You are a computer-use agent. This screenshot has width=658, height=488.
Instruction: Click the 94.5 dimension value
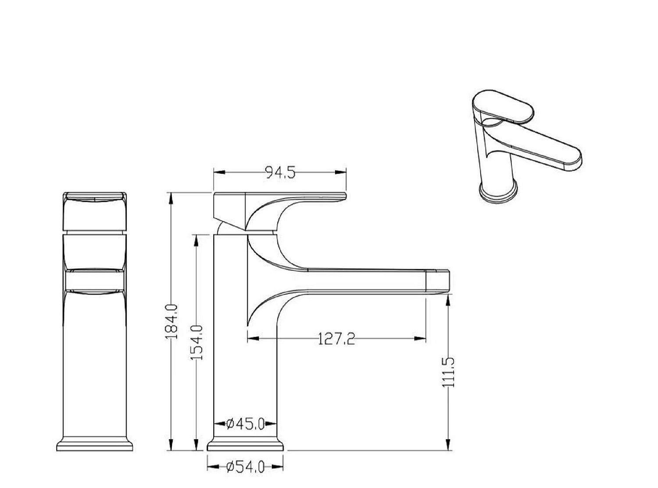coord(280,173)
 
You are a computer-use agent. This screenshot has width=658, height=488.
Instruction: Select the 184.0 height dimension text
coord(172,321)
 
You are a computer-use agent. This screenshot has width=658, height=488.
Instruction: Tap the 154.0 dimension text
coord(197,342)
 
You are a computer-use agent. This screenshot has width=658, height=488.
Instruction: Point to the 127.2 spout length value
coord(336,339)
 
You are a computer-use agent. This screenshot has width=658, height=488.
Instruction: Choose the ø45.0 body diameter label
coord(245,424)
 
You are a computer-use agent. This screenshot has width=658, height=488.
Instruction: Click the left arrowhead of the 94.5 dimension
coord(219,172)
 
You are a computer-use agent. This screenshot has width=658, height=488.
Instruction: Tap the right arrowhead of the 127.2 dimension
coord(420,338)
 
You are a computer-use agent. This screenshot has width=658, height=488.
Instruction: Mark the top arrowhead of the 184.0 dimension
coord(170,198)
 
